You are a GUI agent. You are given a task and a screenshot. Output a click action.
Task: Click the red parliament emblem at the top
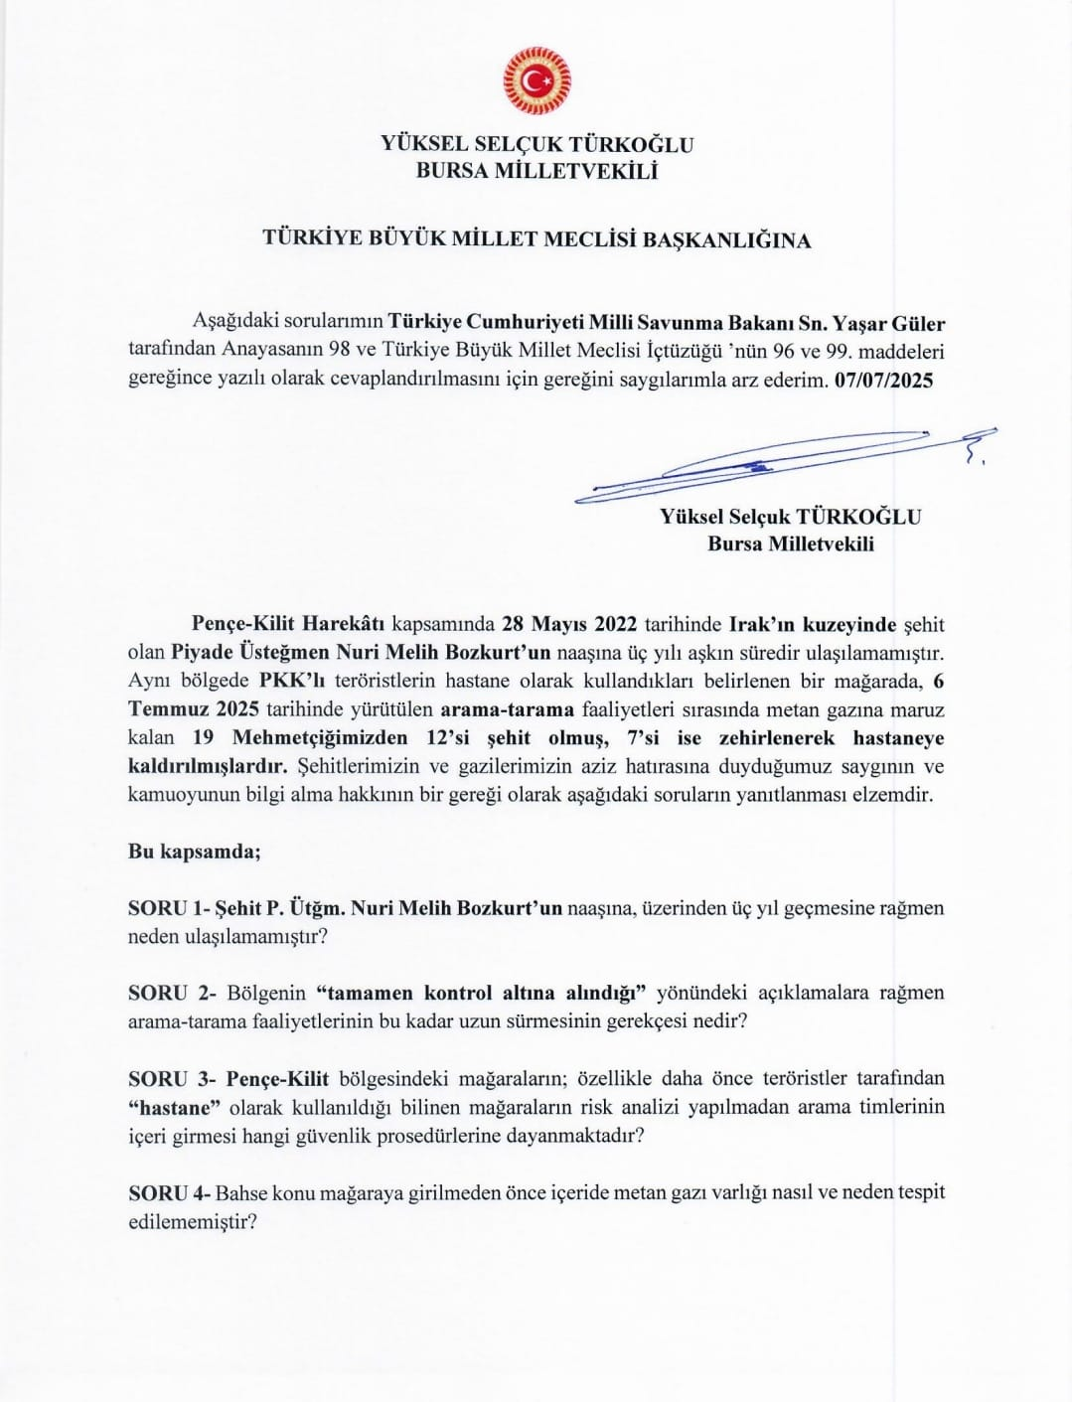click(x=536, y=78)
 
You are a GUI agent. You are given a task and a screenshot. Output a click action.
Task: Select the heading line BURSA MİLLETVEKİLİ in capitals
click(x=536, y=171)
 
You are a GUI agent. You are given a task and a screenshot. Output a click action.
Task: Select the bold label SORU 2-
click(x=171, y=993)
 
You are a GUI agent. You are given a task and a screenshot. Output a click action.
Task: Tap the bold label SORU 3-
click(x=171, y=1078)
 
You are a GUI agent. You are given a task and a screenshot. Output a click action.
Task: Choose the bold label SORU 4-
click(x=171, y=1192)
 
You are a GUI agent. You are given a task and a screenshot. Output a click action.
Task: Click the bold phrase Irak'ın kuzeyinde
click(x=812, y=625)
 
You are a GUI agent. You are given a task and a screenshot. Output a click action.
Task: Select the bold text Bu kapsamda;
click(x=195, y=852)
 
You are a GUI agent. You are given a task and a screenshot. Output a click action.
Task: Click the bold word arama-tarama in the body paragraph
click(x=507, y=709)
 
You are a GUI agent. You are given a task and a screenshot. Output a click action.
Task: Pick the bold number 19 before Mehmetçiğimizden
click(x=203, y=738)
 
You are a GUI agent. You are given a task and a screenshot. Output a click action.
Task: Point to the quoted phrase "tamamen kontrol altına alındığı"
click(x=482, y=993)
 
